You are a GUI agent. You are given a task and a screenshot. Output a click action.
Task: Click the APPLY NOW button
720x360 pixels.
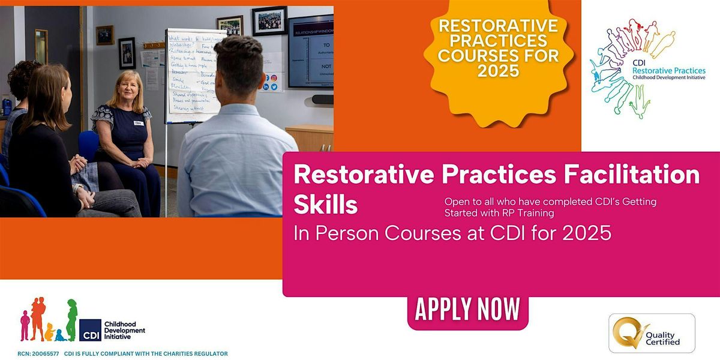click(x=467, y=310)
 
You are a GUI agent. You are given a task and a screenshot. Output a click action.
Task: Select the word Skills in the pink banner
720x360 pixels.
click(x=325, y=205)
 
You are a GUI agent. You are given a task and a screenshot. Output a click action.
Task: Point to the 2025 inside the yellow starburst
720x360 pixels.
click(x=498, y=71)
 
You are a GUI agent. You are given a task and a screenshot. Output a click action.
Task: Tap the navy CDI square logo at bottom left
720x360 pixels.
click(x=90, y=330)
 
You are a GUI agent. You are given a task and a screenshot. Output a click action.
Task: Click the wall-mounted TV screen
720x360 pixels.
click(x=310, y=51)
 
